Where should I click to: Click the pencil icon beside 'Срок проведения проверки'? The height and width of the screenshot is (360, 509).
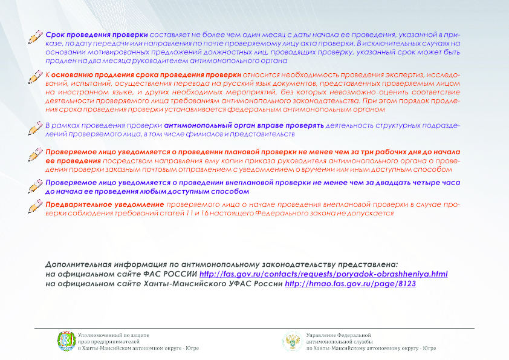(x=37, y=38)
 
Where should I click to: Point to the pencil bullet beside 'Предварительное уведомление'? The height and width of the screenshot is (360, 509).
(x=37, y=208)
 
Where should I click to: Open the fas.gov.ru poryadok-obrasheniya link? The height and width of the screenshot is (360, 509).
(x=323, y=274)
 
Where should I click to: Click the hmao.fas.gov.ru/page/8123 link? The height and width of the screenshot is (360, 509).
(x=351, y=283)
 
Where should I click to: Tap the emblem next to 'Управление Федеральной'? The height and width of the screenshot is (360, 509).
(x=293, y=341)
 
